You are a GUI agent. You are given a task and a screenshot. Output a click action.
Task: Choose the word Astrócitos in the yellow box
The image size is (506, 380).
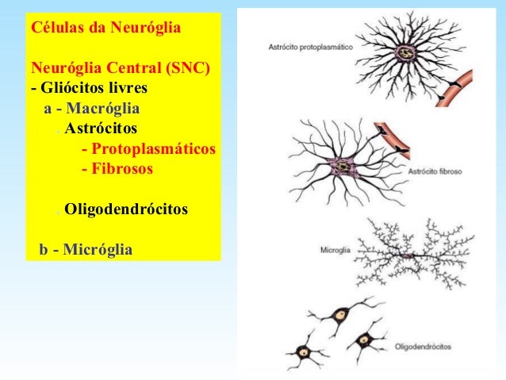101,128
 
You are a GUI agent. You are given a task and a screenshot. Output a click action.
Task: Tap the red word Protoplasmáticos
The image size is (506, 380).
148,148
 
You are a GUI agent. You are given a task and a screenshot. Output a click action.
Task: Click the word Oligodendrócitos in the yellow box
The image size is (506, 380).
126,210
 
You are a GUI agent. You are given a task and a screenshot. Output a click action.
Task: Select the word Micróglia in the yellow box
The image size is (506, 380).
98,250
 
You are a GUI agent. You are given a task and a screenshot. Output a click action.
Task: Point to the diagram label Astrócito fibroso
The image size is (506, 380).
435,171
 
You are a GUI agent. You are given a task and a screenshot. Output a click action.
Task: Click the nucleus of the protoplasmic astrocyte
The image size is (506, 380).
406,54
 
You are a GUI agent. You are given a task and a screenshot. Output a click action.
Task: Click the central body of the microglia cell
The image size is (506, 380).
410,255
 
